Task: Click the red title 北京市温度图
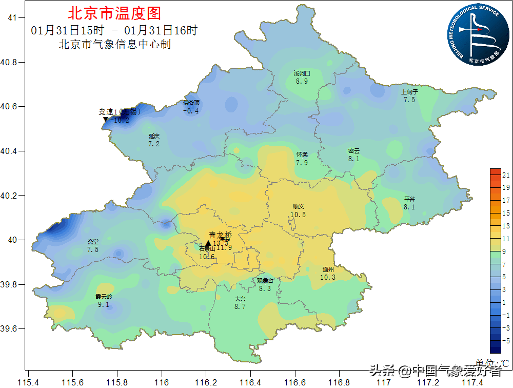114,13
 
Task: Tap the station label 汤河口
302,73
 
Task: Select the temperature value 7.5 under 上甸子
409,100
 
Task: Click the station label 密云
354,151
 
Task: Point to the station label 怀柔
302,154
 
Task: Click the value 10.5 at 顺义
298,215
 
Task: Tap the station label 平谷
409,199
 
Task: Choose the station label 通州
328,269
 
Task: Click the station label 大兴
240,299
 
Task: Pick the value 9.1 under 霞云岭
104,304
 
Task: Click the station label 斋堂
93,242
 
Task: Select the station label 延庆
154,136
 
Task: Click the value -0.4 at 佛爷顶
191,111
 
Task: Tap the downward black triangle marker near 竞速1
106,120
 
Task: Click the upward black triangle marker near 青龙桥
208,243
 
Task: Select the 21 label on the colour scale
506,174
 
